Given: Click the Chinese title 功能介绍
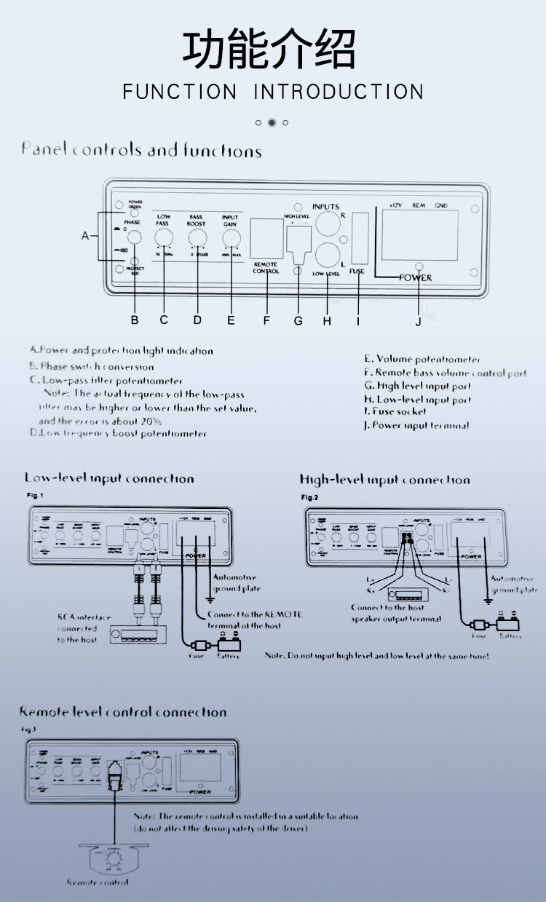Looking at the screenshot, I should [269, 50].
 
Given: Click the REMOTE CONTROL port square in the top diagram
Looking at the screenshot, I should [266, 237].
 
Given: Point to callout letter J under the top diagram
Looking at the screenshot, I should [418, 321].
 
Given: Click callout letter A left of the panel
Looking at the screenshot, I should [85, 236].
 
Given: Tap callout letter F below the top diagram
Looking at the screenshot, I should [266, 320].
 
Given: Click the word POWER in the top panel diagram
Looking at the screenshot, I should [416, 277].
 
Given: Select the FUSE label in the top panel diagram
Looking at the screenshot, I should [357, 271].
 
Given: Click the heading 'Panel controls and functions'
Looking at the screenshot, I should [141, 151].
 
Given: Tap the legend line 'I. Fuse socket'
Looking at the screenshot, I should [395, 411].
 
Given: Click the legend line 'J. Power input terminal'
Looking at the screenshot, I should [416, 425].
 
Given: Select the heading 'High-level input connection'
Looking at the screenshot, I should [384, 480].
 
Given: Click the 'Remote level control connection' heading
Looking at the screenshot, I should [122, 712].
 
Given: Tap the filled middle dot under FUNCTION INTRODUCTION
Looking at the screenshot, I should [272, 122].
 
